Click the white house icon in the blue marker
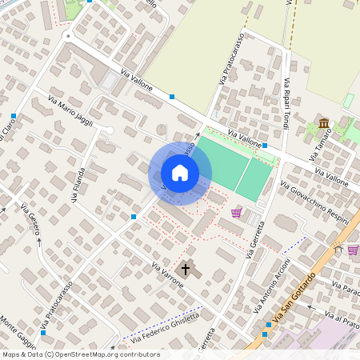pos(180,173)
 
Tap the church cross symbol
pos(186,270)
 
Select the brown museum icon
pos(323,124)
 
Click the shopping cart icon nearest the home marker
pos(236,213)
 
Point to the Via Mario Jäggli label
pos(70,112)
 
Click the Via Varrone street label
pos(167,274)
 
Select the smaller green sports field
pos(256,180)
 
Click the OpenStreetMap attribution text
pos(81,354)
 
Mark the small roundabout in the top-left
pos(69,36)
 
